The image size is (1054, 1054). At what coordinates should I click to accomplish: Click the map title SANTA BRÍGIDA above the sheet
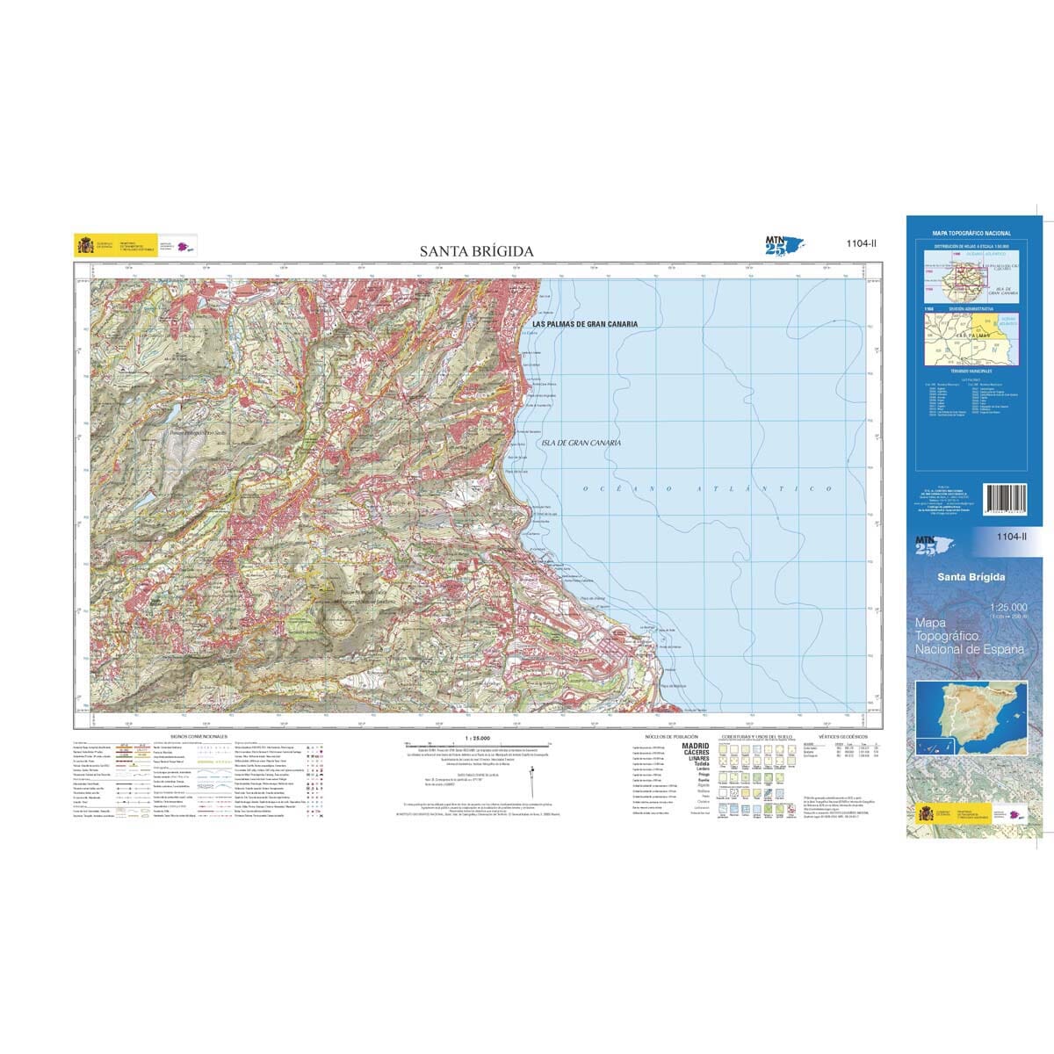pos(476,251)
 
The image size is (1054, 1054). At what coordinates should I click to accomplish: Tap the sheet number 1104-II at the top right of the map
pos(861,244)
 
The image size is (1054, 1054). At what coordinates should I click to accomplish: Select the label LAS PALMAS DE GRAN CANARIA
pos(585,324)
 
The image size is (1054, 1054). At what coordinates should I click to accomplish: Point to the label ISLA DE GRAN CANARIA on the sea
pos(581,443)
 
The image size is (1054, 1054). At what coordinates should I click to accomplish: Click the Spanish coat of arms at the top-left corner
pos(85,245)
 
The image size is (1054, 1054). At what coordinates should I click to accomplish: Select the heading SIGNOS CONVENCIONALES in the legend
pos(199,736)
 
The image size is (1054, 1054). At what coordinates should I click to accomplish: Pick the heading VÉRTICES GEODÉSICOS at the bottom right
pos(841,736)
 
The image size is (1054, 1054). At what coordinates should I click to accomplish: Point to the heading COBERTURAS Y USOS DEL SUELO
pos(756,736)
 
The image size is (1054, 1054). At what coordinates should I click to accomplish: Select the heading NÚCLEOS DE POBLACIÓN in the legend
pos(671,736)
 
